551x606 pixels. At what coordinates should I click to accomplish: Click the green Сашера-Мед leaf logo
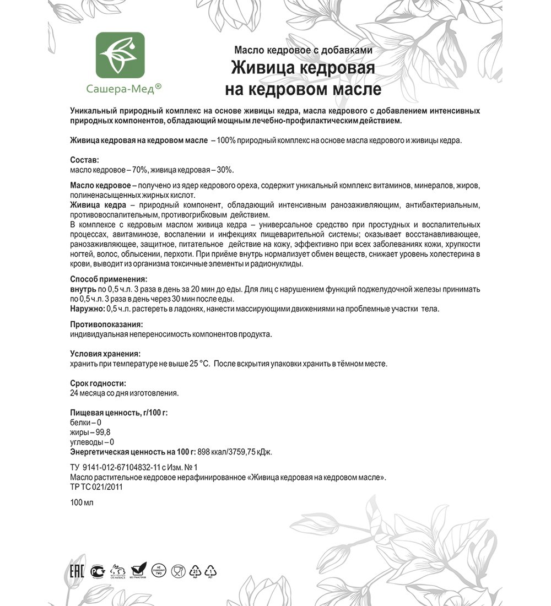pos(120,55)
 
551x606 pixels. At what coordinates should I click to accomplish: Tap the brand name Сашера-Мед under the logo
pos(120,88)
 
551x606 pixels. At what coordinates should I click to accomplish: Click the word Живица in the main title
pos(263,68)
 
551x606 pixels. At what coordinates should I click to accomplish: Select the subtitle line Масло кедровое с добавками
pos(303,50)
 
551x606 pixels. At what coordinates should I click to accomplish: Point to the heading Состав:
pos(84,160)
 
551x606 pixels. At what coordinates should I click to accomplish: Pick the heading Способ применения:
pos(109,279)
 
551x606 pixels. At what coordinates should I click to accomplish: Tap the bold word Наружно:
pos(87,309)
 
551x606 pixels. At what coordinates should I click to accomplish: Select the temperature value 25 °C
pos(197,364)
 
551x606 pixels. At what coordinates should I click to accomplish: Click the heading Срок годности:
pos(98,383)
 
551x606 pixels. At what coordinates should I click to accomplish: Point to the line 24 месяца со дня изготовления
pos(125,393)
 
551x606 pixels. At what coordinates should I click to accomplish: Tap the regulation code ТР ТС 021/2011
pos(96,487)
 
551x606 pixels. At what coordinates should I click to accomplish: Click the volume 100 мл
pos(82,502)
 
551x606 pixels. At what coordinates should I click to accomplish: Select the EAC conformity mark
pos(77,571)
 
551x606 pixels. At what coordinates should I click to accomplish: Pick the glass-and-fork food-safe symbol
pos(178,571)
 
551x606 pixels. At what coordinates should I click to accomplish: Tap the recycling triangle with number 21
pos(196,571)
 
